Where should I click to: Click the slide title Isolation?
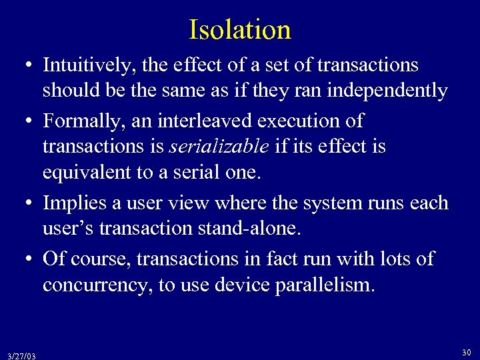[x=240, y=30]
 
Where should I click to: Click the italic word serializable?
[x=213, y=146]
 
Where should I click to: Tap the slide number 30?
[x=467, y=351]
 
